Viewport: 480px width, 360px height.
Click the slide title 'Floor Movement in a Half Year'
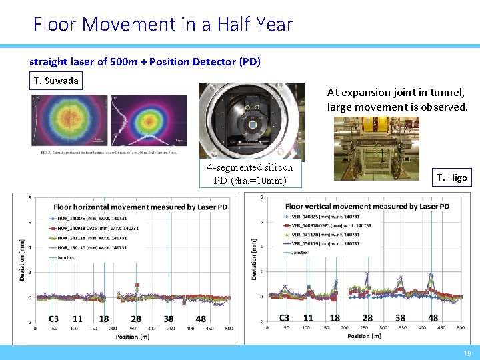click(x=163, y=25)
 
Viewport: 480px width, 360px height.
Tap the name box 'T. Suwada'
click(x=57, y=81)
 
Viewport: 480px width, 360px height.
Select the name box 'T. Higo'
click(x=453, y=177)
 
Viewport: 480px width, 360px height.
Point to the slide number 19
click(x=466, y=353)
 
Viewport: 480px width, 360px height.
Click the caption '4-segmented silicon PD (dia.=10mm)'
click(x=249, y=175)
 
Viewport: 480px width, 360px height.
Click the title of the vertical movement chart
click(x=367, y=207)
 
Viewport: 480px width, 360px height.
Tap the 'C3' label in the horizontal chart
click(x=53, y=319)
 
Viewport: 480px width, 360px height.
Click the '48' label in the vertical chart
click(x=433, y=318)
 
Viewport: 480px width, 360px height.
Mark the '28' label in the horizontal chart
click(x=136, y=319)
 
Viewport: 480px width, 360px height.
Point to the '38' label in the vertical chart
click(x=400, y=318)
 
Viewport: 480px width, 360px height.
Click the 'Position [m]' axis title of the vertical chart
click(x=363, y=336)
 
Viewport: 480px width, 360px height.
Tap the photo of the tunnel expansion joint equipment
click(x=376, y=148)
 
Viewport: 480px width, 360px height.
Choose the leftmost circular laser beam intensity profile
click(x=68, y=118)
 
